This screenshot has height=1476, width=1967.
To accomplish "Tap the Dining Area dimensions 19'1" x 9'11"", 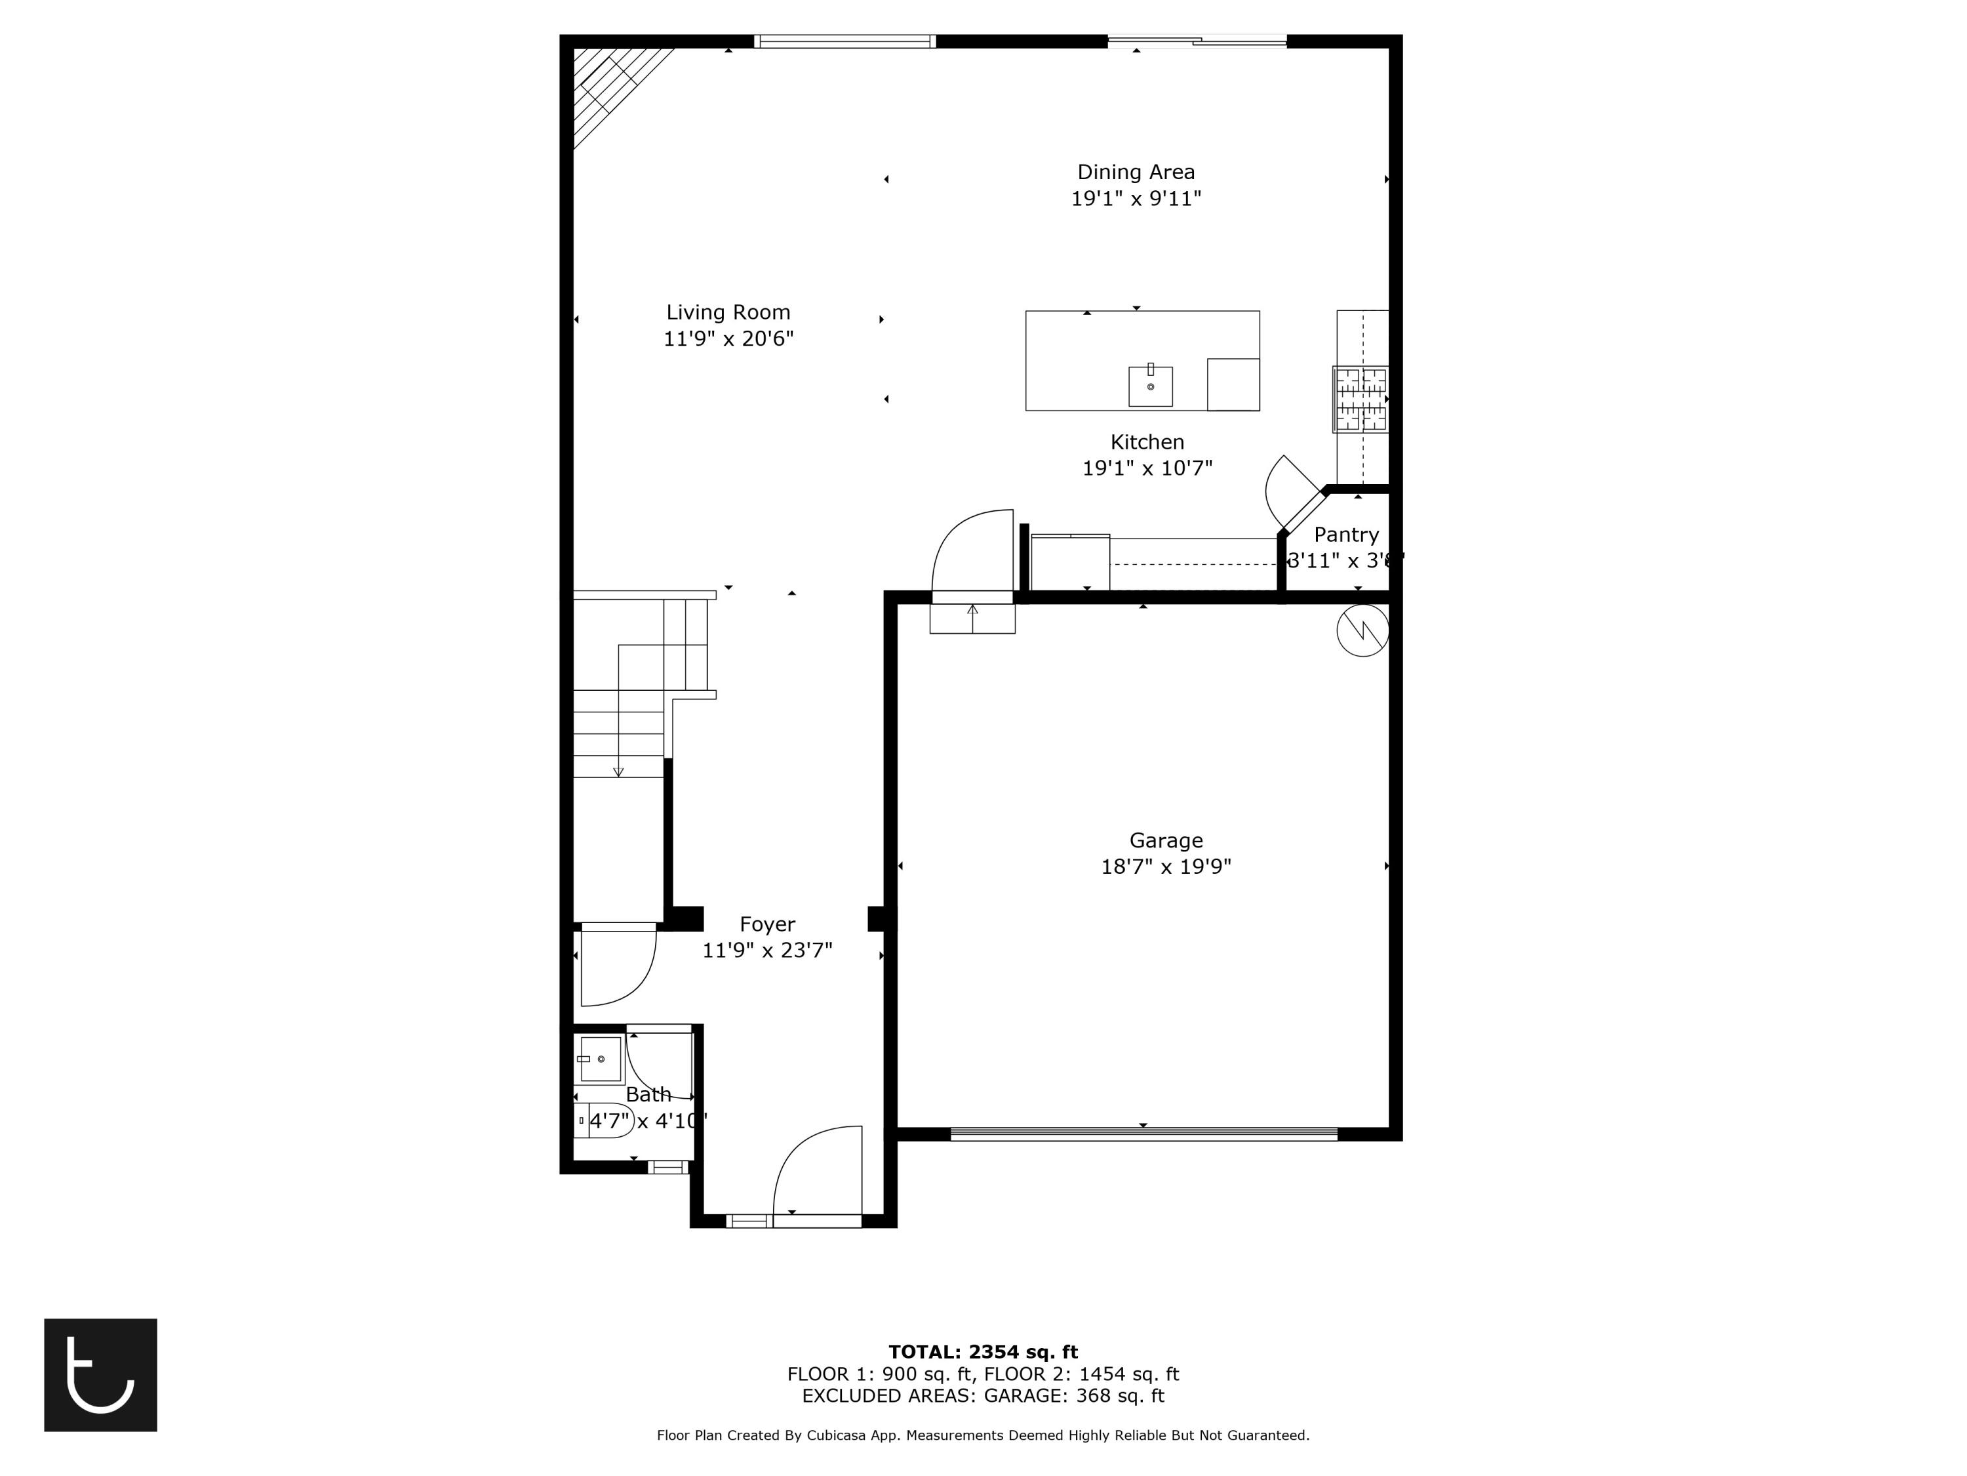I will point(1136,198).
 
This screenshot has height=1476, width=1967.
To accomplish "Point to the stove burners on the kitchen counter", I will point(1360,399).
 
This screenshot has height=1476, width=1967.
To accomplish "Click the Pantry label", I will point(1345,535).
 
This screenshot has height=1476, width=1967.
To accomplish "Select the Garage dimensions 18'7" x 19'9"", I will point(1165,867).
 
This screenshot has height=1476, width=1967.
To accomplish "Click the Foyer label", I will point(766,924).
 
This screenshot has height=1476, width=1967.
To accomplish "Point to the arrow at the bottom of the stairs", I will point(618,771).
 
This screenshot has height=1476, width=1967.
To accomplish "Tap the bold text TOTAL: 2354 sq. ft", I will point(983,1352).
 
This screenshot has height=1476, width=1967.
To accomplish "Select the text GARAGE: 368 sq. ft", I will point(1073,1396).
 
